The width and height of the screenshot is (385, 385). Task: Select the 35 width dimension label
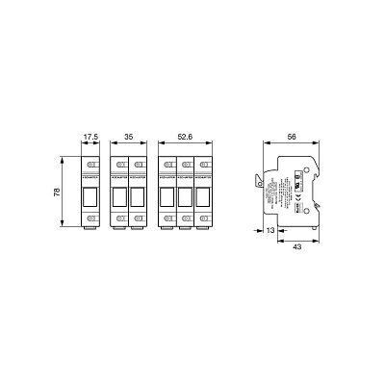coord(130,137)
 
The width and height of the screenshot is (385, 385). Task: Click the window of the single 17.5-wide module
coord(91,197)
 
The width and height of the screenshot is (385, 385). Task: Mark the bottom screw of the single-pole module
coord(91,220)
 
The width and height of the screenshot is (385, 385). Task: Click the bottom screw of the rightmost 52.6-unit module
coord(203,220)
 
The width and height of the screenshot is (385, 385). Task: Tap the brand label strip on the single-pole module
coord(91,177)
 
